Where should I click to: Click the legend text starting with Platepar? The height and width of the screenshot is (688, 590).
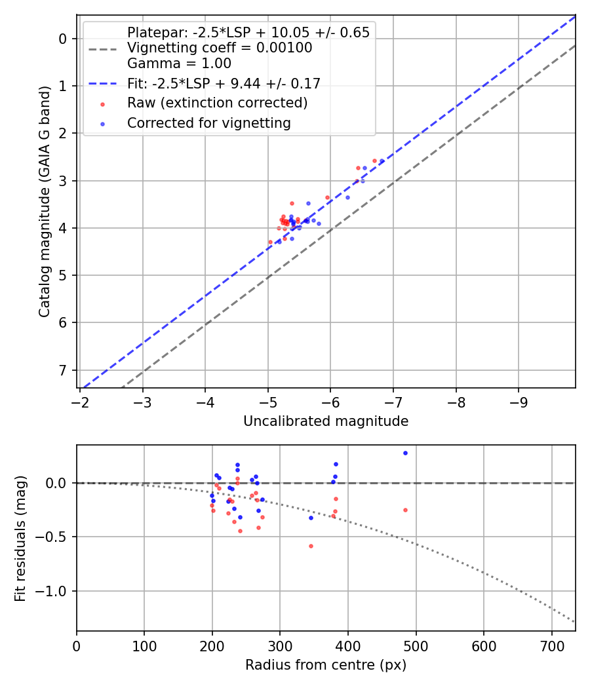pos(248,33)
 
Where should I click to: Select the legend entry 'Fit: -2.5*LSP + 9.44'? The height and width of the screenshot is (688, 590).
pos(223,84)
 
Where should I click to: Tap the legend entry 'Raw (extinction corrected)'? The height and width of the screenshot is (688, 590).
pos(217,103)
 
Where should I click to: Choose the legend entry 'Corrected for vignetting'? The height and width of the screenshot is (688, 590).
pos(208,123)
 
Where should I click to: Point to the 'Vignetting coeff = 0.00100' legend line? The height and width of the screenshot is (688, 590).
pos(219,48)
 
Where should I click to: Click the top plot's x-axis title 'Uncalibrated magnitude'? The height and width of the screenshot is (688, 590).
pos(326,421)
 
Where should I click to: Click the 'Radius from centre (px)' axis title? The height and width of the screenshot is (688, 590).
pos(326,665)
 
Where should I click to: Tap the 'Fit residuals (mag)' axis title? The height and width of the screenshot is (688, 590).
pos(21,538)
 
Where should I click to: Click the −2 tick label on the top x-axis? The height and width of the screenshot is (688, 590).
pos(80,400)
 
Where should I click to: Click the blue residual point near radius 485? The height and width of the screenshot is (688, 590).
pos(405,453)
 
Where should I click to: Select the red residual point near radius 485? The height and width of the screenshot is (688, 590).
pos(405,510)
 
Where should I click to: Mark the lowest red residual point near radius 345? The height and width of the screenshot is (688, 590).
pos(311,546)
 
